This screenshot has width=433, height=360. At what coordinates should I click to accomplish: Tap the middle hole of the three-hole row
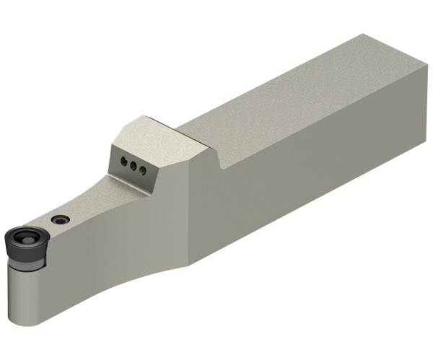(x=133, y=165)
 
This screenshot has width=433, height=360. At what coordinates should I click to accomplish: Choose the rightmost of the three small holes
(x=143, y=170)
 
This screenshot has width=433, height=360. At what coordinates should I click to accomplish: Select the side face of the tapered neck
(x=108, y=238)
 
